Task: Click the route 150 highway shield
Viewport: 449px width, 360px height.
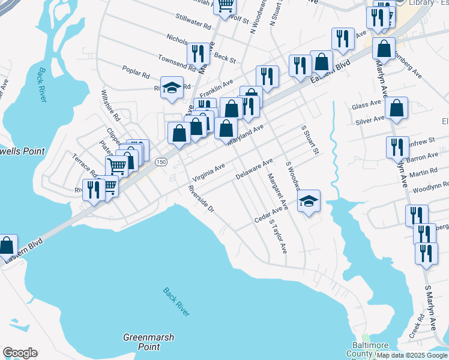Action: pos(161,162)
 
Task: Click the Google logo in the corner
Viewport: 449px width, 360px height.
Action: pos(20,353)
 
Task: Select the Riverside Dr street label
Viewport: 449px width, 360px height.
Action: pos(200,199)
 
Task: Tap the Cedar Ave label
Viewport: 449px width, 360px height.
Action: pos(268,214)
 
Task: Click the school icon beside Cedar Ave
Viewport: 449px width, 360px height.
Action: pos(309,202)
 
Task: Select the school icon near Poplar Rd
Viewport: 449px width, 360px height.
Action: pos(172,88)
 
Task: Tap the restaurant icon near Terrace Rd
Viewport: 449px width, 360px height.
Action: pos(93,191)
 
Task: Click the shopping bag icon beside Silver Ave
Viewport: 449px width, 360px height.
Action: pos(397,109)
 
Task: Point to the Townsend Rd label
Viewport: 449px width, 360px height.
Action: pos(178,64)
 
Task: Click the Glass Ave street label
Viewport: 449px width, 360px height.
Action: pos(367,105)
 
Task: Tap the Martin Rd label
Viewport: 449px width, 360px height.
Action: pos(424,173)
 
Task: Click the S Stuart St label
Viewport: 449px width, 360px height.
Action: pos(310,140)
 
